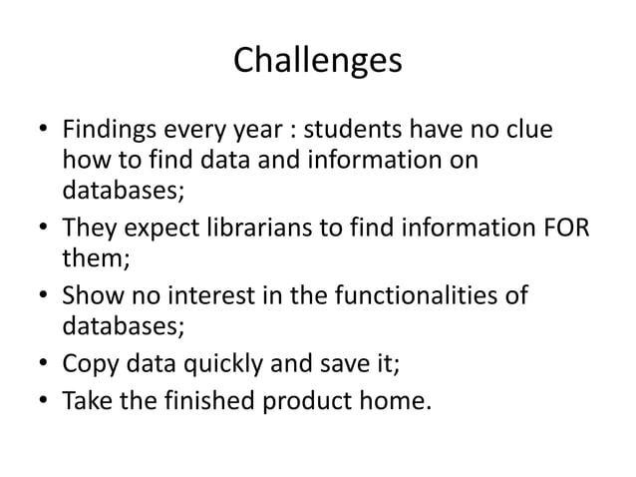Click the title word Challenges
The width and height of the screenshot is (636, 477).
click(317, 62)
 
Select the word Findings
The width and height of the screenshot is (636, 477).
click(105, 133)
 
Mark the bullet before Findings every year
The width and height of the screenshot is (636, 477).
click(42, 134)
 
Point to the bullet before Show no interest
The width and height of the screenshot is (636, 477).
click(42, 297)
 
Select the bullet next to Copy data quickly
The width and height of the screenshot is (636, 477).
click(42, 364)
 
